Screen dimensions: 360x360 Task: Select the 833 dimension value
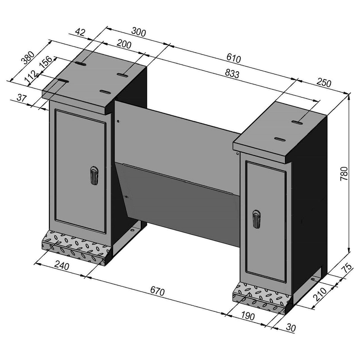click(x=232, y=74)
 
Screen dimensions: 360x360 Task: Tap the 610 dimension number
click(x=233, y=58)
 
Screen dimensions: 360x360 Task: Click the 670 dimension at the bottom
click(x=157, y=291)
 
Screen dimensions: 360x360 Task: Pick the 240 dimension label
click(x=62, y=266)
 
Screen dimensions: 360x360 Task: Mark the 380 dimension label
click(x=28, y=58)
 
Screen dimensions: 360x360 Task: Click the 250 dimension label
click(x=324, y=83)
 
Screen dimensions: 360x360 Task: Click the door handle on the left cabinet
click(x=94, y=176)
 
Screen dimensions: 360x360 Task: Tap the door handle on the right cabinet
click(x=256, y=219)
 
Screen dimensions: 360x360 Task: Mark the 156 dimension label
click(x=47, y=63)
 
